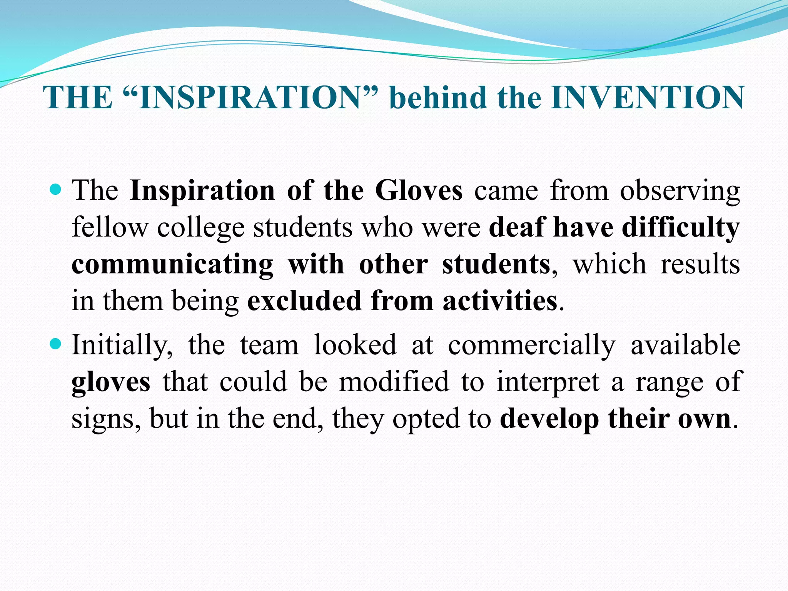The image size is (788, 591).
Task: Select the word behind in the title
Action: [x=438, y=97]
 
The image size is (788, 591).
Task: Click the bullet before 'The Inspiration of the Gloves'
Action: [x=56, y=190]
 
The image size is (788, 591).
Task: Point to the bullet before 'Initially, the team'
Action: [x=56, y=344]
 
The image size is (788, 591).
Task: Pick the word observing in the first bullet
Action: [x=679, y=191]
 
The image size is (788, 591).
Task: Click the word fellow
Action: [x=110, y=227]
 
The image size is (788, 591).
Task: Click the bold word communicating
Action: [x=172, y=265]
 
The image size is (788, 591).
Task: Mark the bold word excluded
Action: [x=304, y=301]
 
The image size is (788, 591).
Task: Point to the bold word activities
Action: [x=500, y=301]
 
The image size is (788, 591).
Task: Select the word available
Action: [x=685, y=344]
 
